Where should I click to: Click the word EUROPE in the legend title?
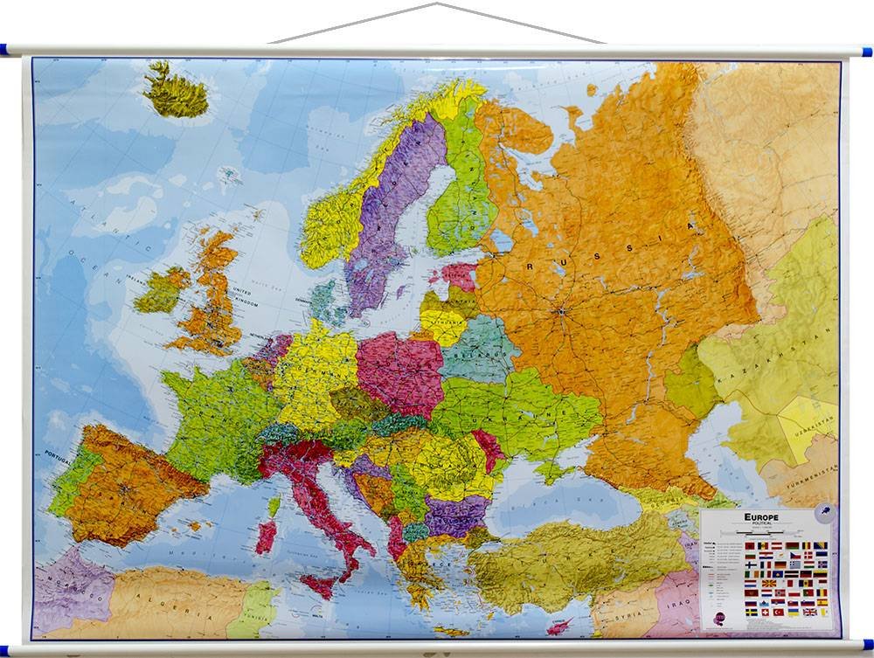coord(761,517)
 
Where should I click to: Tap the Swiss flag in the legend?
coord(766,613)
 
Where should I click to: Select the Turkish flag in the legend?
coord(779,613)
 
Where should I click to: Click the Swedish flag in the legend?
coord(752,613)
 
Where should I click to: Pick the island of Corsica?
coord(274,505)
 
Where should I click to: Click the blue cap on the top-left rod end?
coord(3,50)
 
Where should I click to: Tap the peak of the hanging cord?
coord(435,4)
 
